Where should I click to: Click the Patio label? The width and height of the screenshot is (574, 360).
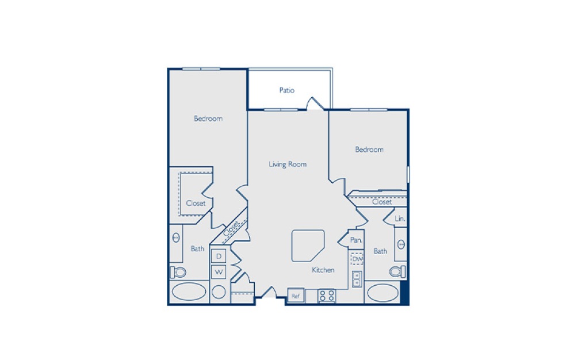coord(287,90)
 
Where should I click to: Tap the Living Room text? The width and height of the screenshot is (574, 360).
coord(288,164)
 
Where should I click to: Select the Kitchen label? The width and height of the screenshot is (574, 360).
coord(323,270)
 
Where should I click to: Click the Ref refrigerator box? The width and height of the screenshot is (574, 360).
coord(296,296)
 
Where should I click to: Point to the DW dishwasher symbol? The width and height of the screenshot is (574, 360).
coord(357,259)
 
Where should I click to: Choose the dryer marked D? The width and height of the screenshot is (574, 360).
coord(219,255)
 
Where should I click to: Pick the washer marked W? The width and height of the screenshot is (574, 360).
coord(219,271)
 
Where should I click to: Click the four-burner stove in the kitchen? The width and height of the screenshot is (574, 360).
coord(327,296)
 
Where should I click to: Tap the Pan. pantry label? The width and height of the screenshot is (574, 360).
coord(356,240)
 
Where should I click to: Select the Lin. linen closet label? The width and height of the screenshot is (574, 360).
coord(400,219)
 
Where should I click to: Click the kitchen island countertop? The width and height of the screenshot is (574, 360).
coord(307,245)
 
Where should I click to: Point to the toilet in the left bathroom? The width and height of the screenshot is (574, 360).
coord(178,272)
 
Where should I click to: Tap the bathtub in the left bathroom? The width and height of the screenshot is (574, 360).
coord(188,292)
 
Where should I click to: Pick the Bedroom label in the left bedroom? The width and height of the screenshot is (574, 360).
coord(208,118)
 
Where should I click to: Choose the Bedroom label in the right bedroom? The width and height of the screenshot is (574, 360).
coord(369,150)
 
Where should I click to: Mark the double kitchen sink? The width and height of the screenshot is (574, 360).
coord(357,279)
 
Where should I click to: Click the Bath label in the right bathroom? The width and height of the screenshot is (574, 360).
coord(380,251)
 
